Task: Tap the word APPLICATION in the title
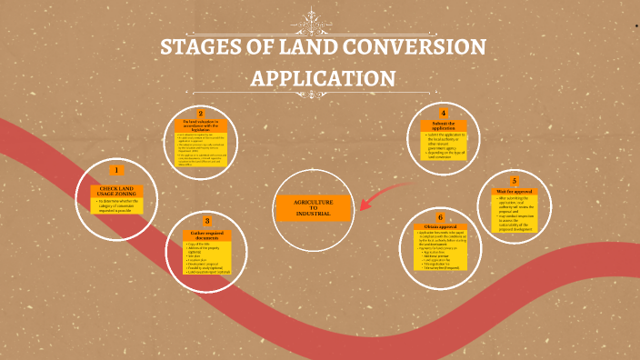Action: coord(323,78)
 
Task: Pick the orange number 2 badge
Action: coord(201,113)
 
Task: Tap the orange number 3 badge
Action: coord(207,221)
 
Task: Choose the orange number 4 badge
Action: coord(443,113)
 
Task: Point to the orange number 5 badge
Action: coord(515,181)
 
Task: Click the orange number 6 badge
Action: coord(440,218)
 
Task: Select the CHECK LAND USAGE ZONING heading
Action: coord(116,190)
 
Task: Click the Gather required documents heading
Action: coord(207,236)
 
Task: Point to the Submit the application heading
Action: coord(444,126)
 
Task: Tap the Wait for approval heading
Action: coord(515,192)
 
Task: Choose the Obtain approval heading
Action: coord(441,226)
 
